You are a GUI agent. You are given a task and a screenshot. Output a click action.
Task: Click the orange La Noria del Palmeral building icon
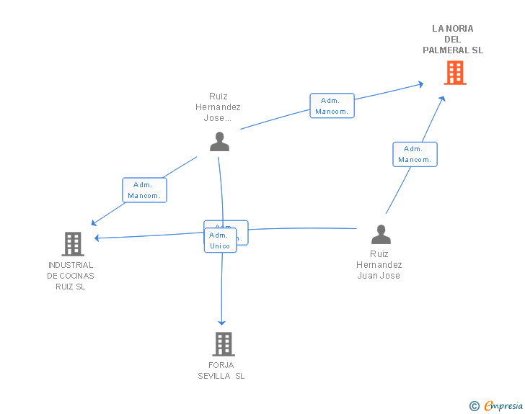454,73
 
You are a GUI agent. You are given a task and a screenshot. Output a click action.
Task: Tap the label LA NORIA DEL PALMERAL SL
453,40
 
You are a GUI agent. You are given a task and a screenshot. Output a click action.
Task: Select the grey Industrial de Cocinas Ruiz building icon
73,244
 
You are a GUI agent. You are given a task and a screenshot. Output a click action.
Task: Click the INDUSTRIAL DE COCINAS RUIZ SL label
71,276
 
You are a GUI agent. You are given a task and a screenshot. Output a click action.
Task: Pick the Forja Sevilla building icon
224,344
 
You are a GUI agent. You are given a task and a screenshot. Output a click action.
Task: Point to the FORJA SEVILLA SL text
221,371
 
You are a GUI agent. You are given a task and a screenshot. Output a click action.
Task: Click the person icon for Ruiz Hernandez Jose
219,142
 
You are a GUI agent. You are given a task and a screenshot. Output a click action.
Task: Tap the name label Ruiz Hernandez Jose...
218,107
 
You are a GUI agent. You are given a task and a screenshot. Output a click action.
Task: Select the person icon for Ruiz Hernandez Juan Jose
380,235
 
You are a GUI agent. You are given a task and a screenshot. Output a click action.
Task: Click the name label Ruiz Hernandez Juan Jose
379,265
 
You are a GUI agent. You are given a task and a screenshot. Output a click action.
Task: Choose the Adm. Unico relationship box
219,240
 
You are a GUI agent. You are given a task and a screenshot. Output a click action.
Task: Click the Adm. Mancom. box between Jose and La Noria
332,106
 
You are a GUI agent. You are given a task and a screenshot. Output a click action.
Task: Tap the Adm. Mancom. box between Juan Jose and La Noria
415,154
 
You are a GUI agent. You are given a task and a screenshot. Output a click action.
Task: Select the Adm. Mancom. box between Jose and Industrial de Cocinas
144,190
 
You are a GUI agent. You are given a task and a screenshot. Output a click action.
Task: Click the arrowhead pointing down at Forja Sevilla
222,322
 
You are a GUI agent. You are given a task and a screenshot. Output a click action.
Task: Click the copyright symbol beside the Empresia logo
474,406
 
